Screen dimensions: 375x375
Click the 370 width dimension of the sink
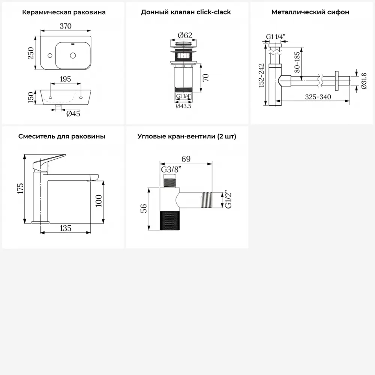tap(66, 26)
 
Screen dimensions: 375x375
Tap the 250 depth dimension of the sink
tap(31, 53)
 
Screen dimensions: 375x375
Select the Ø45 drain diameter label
tap(73, 113)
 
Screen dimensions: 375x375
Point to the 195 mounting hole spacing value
tap(65, 79)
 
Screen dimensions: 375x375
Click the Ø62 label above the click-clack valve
tap(185, 35)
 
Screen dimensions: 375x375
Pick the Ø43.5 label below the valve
tap(183, 106)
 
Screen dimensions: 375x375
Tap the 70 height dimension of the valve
tap(205, 78)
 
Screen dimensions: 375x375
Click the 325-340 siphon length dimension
tap(318, 97)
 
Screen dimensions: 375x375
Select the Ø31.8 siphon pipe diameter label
tap(364, 81)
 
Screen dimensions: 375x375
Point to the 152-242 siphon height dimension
tap(261, 75)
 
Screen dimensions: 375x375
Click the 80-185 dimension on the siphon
tap(297, 62)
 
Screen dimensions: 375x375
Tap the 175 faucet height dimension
tap(20, 189)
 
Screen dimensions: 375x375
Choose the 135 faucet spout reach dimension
tap(66, 228)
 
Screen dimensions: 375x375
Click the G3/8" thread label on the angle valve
tap(171, 169)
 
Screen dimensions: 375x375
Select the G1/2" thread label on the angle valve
tap(228, 200)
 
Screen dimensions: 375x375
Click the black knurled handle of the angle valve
tap(169, 220)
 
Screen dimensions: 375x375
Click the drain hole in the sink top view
tap(73, 55)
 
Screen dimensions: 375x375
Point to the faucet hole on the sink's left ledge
tap(50, 55)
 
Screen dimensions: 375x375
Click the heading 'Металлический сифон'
tap(310, 12)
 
